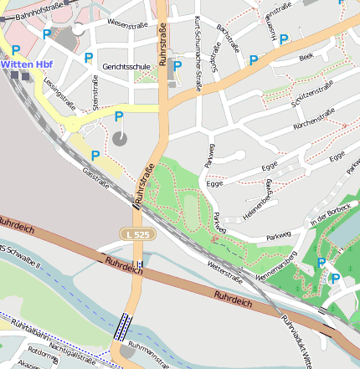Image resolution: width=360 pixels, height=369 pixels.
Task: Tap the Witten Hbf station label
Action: [x=24, y=64]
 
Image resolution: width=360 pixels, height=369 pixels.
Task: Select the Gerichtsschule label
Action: [x=126, y=65]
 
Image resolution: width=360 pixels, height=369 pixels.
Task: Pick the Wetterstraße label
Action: [x=224, y=269]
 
